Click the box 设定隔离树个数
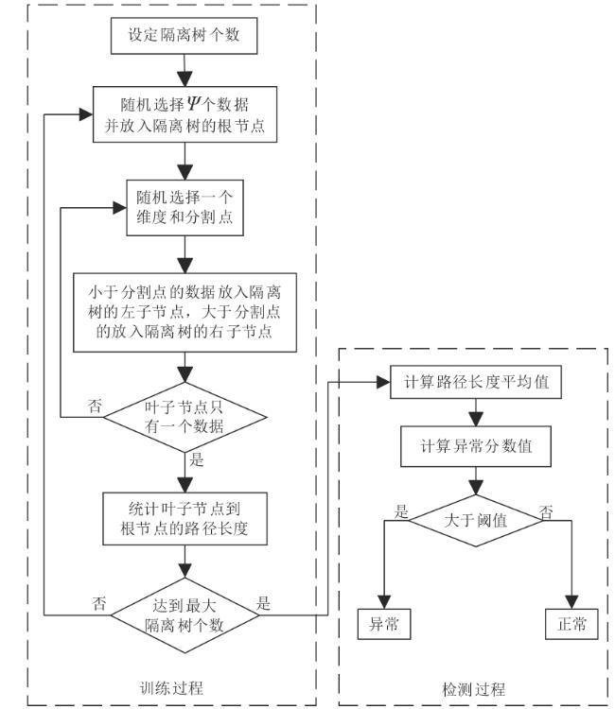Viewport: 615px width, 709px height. point(184,36)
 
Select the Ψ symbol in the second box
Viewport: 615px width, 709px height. point(193,104)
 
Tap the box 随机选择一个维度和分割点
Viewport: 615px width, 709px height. point(184,208)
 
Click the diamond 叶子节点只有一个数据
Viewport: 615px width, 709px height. point(185,417)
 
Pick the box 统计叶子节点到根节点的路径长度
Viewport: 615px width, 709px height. point(184,519)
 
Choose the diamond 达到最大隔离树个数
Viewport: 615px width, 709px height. point(184,615)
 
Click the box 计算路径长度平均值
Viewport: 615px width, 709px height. point(476,382)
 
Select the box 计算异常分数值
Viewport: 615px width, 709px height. point(476,446)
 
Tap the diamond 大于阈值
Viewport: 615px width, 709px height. point(475,521)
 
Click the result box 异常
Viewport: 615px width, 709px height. point(384,624)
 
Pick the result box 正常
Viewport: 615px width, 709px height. point(571,624)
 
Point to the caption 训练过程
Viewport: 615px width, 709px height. point(171,688)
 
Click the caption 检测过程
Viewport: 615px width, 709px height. point(473,689)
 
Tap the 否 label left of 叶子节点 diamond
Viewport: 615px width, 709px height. point(95,406)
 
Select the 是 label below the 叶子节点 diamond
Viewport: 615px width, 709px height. point(197,459)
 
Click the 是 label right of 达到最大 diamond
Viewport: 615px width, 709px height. point(263,603)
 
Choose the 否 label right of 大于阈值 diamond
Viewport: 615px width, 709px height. point(546,512)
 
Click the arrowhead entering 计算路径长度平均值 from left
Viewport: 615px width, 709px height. point(383,382)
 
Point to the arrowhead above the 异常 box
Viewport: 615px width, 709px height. point(384,602)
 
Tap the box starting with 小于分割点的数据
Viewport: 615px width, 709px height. point(184,313)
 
